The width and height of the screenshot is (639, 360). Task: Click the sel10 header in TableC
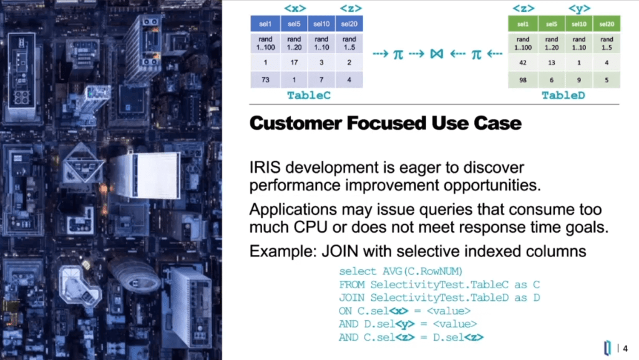pyautogui.click(x=321, y=24)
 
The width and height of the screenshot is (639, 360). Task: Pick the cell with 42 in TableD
pyautogui.click(x=523, y=63)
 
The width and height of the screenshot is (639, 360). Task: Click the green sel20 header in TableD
pyautogui.click(x=606, y=24)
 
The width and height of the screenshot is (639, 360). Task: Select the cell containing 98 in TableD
pyautogui.click(x=523, y=80)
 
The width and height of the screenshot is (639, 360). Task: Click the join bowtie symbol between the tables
pyautogui.click(x=436, y=54)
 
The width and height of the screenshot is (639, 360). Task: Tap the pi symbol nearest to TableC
pyautogui.click(x=397, y=54)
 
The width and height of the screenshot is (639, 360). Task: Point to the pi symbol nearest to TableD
pyautogui.click(x=476, y=54)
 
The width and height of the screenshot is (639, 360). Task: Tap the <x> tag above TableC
pyautogui.click(x=295, y=8)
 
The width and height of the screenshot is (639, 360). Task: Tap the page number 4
pyautogui.click(x=625, y=348)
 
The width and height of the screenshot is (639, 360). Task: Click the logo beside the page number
pyautogui.click(x=608, y=348)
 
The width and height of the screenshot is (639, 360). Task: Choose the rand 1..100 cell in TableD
pyautogui.click(x=523, y=43)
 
